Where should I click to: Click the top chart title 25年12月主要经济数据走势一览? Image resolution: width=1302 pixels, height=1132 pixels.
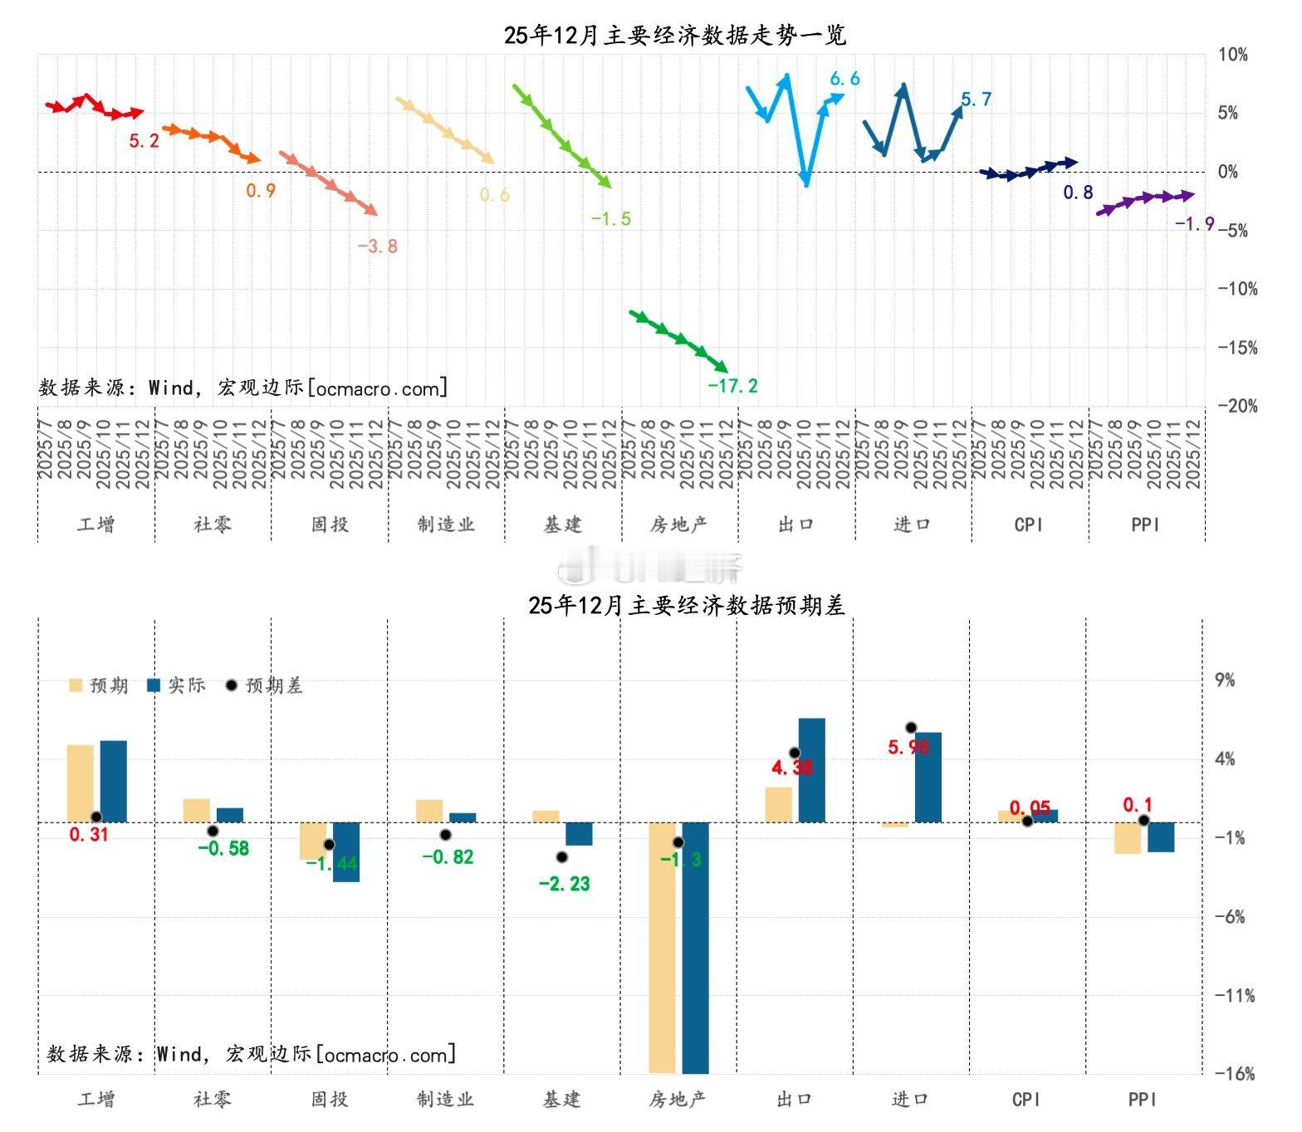674,35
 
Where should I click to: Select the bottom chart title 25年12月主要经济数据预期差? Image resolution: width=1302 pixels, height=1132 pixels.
686,606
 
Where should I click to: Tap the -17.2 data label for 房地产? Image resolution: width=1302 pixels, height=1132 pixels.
732,386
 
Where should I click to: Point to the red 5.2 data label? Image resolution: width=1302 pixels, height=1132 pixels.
144,141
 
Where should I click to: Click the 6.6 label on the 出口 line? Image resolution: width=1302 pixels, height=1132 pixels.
844,79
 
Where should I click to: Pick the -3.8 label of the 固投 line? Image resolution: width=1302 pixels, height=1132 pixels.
378,246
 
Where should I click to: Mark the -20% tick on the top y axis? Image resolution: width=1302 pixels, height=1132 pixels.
1237,406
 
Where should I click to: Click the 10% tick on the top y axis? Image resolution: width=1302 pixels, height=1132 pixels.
1233,55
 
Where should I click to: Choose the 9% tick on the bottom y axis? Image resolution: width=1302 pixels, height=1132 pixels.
1226,681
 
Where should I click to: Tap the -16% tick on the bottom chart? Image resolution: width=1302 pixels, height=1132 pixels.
1235,1074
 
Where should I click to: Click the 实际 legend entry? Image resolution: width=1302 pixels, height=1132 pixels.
176,686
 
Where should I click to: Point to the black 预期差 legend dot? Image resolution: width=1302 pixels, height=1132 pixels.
232,686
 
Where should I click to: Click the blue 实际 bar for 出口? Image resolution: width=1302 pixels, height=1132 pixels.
811,770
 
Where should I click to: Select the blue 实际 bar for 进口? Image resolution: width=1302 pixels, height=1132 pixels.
928,777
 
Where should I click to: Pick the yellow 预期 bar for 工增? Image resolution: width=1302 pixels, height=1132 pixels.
81,783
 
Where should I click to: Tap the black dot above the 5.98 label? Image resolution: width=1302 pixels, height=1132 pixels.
911,728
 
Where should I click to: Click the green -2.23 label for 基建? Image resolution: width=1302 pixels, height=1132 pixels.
564,884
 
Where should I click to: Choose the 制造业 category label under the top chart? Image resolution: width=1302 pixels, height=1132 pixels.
446,525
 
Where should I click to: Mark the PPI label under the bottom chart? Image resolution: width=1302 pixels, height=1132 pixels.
1143,1100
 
